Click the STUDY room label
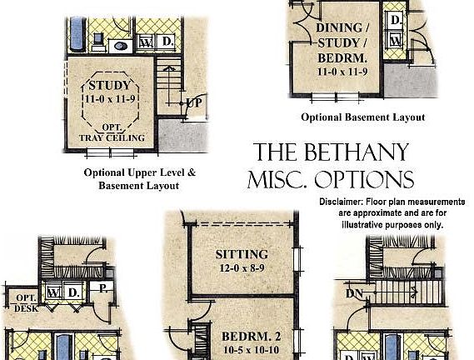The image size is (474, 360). click(x=110, y=86)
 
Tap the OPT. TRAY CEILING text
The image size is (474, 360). click(x=112, y=132)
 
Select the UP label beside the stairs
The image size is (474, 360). click(x=194, y=102)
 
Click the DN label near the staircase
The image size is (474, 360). click(x=354, y=293)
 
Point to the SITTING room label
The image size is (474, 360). click(x=242, y=254)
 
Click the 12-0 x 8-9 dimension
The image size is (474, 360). click(x=242, y=268)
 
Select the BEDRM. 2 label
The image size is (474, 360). click(x=252, y=337)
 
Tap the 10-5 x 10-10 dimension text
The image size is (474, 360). click(x=251, y=350)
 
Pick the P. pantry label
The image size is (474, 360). click(x=103, y=288)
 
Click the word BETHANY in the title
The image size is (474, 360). click(x=357, y=152)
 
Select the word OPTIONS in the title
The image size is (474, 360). click(x=364, y=179)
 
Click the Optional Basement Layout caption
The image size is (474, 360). click(x=363, y=117)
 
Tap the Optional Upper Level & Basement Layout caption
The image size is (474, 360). click(x=140, y=179)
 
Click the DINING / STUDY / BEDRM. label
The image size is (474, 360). click(x=342, y=43)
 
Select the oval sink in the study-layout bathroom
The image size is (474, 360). click(x=120, y=47)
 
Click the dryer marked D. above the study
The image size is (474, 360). click(x=167, y=42)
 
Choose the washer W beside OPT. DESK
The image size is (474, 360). click(x=54, y=292)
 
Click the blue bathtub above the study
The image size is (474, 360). click(x=77, y=34)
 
